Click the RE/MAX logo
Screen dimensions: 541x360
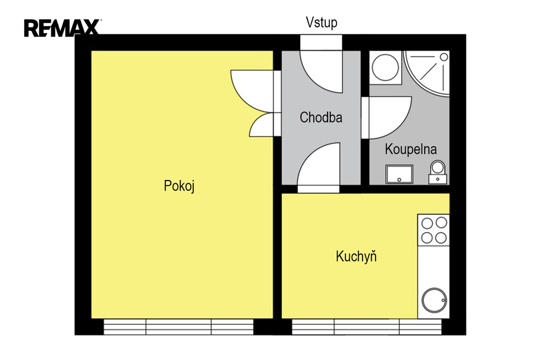pos(62,28)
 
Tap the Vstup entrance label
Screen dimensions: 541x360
pos(321,22)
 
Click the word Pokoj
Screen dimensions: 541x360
pos(179,186)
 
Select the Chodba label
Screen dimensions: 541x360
pos(321,117)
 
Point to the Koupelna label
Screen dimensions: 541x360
pos(411,149)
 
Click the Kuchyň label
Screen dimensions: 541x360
pos(356,256)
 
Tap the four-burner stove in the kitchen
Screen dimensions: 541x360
pos(434,230)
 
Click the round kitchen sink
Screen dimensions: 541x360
pos(434,300)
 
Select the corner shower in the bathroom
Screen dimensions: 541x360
pos(427,73)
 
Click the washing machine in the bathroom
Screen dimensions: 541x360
pos(385,68)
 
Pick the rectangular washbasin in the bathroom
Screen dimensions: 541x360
pos(399,174)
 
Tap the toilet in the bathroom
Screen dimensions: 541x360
pos(438,172)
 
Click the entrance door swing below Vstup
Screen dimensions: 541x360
pos(321,72)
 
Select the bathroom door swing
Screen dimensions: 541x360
pos(387,118)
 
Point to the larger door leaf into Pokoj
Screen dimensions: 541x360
pos(252,91)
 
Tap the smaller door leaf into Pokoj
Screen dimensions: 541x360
pos(262,125)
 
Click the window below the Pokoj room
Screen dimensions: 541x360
pos(179,327)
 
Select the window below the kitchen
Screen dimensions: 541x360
pos(367,327)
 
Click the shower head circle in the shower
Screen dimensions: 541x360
pos(444,57)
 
